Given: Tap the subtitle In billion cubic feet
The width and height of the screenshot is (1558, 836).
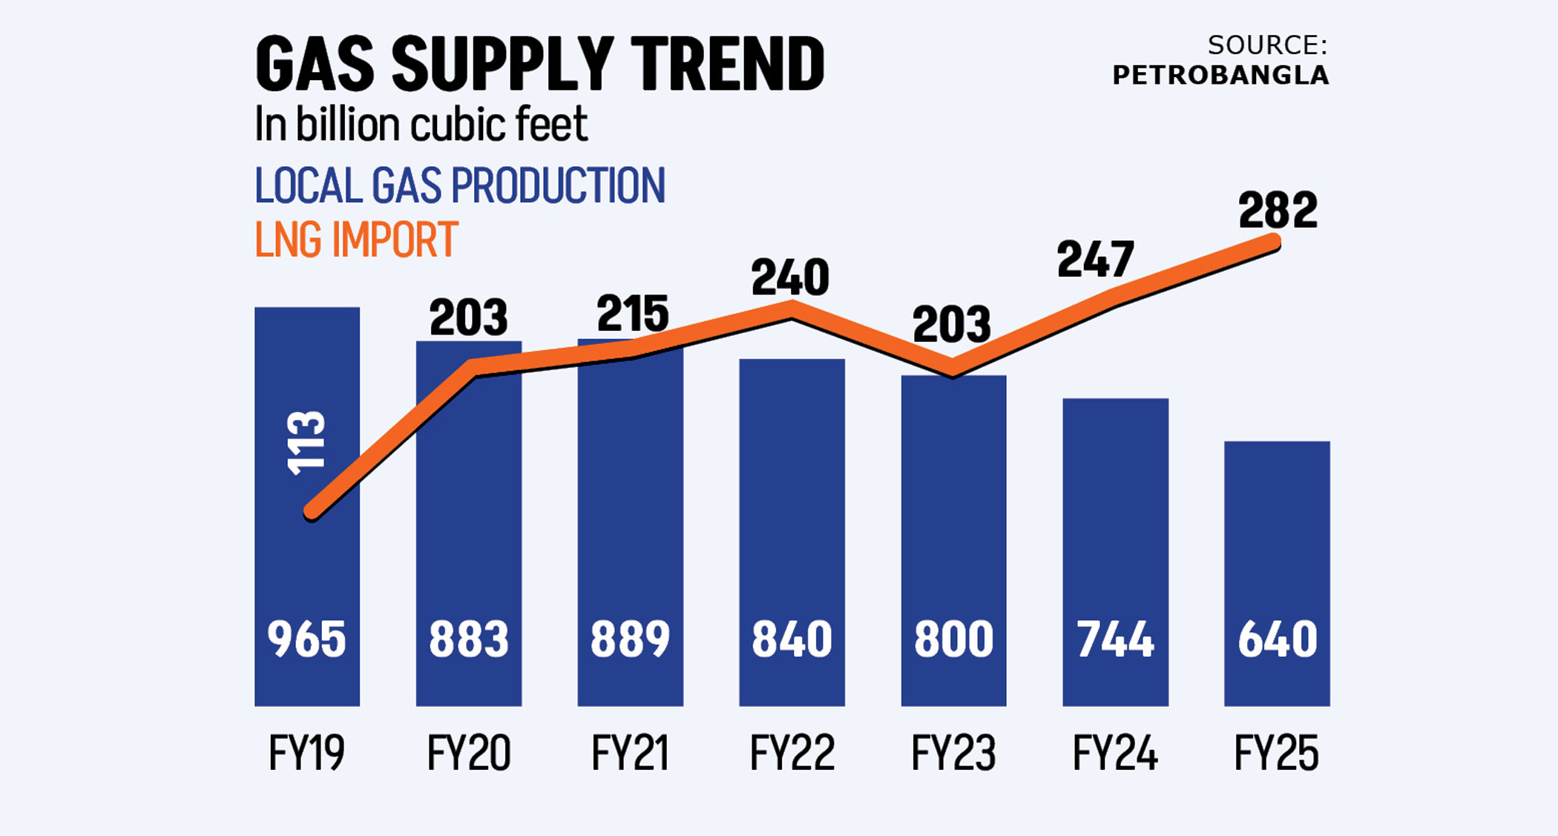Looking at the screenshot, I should (x=421, y=124).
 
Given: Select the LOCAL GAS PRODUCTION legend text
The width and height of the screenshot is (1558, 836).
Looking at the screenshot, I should (x=460, y=185).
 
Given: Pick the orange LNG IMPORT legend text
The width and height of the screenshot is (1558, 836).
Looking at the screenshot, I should (x=356, y=240).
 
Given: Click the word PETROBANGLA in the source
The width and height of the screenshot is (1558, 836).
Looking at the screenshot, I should (x=1220, y=76).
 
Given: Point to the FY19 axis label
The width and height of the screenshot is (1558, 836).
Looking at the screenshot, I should (x=306, y=754).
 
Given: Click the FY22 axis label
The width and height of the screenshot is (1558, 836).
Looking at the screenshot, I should (x=792, y=754).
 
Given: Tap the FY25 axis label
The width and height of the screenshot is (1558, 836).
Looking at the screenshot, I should (x=1276, y=754).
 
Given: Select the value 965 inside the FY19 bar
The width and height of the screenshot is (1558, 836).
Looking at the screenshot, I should (x=306, y=639).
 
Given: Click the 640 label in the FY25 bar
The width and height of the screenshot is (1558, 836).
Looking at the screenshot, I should (x=1277, y=639).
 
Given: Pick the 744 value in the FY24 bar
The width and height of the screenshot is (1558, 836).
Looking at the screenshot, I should (x=1115, y=639).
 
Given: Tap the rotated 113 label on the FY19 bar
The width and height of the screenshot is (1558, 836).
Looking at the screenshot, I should (x=306, y=442).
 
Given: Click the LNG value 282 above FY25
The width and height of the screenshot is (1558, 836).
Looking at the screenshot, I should (x=1278, y=211).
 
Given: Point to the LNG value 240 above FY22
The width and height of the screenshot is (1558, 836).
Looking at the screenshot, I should (x=790, y=278).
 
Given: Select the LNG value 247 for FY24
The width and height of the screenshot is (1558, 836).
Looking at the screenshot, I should (x=1096, y=260).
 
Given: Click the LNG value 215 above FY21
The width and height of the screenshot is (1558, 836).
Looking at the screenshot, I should (x=633, y=314).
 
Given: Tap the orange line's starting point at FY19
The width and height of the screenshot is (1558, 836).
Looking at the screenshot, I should (x=312, y=511).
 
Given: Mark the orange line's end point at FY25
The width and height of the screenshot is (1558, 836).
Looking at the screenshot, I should (x=1274, y=242).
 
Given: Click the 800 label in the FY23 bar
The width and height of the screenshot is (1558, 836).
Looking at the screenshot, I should (x=953, y=639).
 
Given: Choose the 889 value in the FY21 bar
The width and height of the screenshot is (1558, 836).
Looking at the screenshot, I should (x=630, y=639).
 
